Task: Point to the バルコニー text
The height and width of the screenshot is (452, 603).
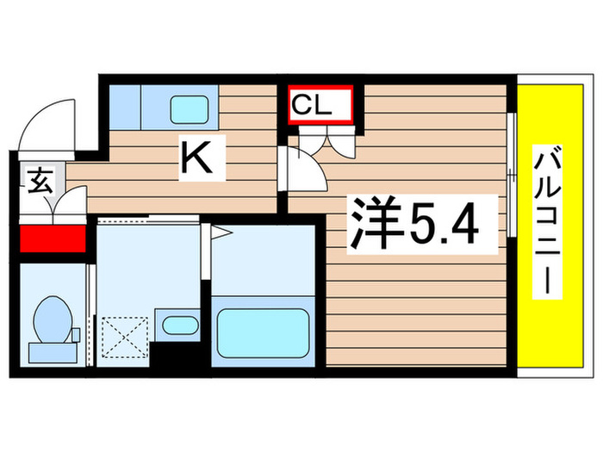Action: click(x=546, y=221)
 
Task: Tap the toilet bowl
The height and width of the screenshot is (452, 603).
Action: click(x=52, y=318)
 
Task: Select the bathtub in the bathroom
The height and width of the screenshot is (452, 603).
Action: click(x=262, y=331)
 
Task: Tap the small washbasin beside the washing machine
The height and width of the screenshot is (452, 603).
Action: click(x=180, y=325)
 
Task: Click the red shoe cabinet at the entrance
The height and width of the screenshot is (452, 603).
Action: click(x=52, y=238)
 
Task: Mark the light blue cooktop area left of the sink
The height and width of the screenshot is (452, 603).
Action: click(x=126, y=105)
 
